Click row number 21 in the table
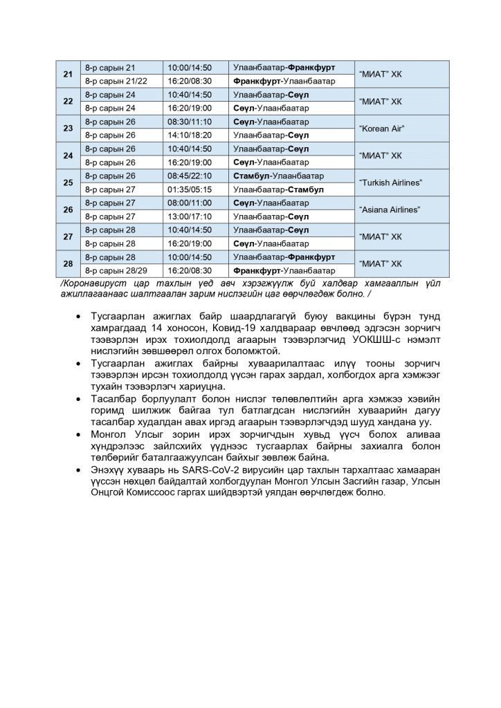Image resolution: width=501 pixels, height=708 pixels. pos(68,75)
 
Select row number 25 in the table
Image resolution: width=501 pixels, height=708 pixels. pos(68,183)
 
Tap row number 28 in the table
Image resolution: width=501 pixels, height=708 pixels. pos(68,263)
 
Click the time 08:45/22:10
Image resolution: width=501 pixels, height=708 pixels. pos(189,176)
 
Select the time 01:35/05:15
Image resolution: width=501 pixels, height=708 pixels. pos(189,189)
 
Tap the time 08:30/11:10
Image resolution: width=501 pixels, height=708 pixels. pos(189,122)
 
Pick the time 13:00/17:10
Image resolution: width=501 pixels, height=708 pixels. pos(189,216)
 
